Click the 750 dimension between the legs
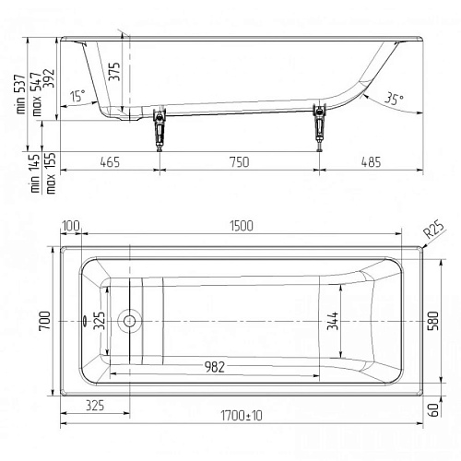(240, 162)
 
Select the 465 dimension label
(110, 162)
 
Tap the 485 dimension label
(371, 162)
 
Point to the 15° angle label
(77, 95)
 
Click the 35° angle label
(394, 99)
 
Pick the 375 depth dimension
(114, 72)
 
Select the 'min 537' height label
(20, 94)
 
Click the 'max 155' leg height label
(51, 172)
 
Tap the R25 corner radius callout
(433, 230)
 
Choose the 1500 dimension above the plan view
(242, 226)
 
